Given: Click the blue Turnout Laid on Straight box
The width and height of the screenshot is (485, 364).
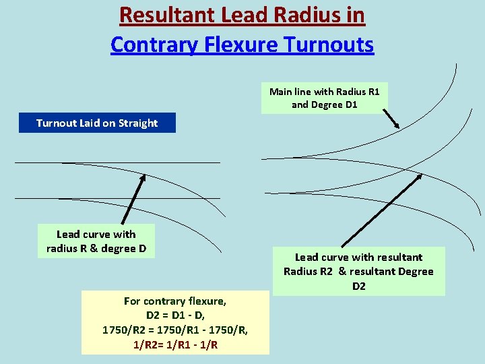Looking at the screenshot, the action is [97, 123].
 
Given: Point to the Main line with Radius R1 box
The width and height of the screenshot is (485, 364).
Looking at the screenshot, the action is [325, 98].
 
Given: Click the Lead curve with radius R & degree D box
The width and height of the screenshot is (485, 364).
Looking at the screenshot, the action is [96, 241].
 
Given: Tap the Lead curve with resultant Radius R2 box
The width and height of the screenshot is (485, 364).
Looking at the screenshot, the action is [358, 271].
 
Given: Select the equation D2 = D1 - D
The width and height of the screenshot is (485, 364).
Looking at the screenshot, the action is [175, 315].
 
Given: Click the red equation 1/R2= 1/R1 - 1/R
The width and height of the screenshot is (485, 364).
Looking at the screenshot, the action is [175, 344].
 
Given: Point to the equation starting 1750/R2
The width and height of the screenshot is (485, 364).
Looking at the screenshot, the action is [175, 330].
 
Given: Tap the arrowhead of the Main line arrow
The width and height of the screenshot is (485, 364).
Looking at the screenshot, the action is [397, 125].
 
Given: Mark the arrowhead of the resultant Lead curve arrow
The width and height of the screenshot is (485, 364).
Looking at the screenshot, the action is [420, 177].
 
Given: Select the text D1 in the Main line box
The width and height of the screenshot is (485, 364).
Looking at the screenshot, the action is [351, 104].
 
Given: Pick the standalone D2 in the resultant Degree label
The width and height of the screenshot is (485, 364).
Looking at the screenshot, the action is [358, 286].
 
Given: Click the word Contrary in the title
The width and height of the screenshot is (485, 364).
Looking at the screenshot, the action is [152, 44].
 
